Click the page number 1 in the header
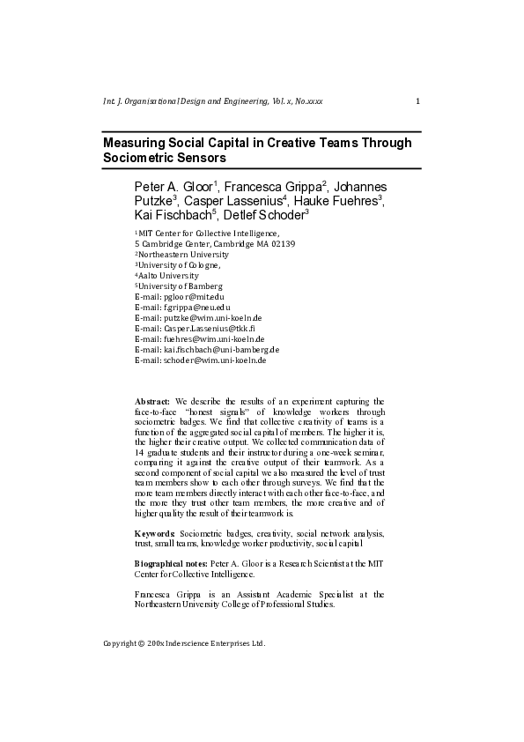[417, 101]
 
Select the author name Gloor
[196, 188]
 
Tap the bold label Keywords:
[155, 534]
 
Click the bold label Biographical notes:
[171, 562]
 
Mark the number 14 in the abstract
[140, 449]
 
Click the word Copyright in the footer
[119, 643]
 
